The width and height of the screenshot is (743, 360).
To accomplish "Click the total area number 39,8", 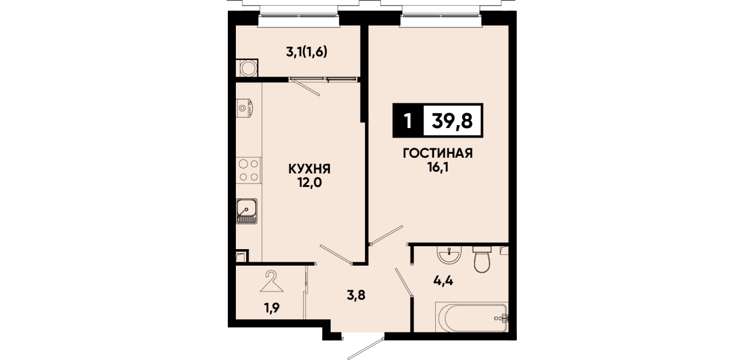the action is [452, 121].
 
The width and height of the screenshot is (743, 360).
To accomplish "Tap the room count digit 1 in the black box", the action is [408, 121].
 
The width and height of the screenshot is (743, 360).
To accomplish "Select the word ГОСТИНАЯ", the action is [437, 153].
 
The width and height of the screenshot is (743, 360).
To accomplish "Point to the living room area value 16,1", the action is [438, 168].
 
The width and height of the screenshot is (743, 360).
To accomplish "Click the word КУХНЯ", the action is [309, 169].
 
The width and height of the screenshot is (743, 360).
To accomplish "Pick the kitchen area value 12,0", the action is [309, 183].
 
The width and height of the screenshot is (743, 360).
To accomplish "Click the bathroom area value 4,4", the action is [443, 281].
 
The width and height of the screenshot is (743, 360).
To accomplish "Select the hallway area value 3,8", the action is [356, 295].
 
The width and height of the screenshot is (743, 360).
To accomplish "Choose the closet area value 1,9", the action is [272, 308].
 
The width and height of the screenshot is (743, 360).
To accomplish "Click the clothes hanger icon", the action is [272, 281].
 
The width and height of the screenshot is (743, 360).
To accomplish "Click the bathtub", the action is [471, 317].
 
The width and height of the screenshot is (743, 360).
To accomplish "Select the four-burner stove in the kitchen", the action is [249, 170].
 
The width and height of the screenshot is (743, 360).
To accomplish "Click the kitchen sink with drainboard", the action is [247, 211].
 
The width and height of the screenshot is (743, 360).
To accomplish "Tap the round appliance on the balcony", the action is [247, 68].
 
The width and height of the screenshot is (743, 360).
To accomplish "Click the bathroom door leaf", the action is [404, 282].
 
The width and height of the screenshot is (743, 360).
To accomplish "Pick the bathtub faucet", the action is [502, 318].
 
